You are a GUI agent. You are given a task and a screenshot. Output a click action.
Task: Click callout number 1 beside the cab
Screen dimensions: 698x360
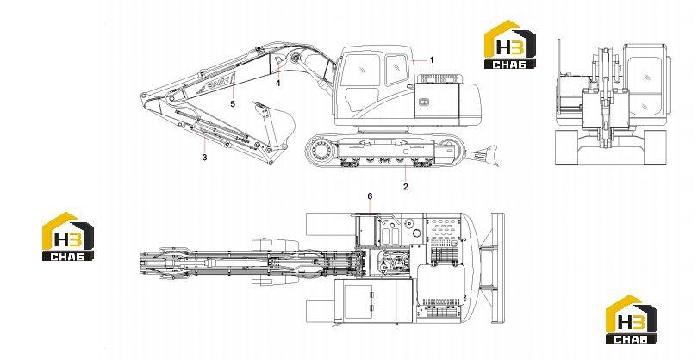click(432, 60)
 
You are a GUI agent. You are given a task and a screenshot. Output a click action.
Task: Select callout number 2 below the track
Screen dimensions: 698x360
click(406, 187)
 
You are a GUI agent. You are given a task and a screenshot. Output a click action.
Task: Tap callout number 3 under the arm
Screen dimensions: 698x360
click(204, 157)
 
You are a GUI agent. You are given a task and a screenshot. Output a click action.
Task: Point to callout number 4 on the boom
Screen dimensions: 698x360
click(278, 83)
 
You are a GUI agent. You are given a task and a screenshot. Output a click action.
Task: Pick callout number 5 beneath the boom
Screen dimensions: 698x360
click(233, 104)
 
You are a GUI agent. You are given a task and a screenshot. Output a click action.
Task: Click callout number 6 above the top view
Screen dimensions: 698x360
click(370, 196)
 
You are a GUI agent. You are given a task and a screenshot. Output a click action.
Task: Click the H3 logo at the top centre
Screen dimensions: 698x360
click(510, 45)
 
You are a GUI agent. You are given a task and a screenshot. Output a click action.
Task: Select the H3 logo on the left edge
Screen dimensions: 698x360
click(68, 236)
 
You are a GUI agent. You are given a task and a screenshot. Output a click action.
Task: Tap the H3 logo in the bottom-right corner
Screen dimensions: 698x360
click(632, 319)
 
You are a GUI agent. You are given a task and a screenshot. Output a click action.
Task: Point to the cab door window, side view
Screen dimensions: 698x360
click(362, 99)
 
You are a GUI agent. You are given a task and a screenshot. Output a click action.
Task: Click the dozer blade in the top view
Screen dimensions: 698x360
click(498, 268)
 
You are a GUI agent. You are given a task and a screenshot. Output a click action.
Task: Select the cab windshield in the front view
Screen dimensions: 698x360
click(644, 85)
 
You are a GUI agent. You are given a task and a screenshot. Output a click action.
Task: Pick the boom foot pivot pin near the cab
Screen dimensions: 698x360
click(296, 58)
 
